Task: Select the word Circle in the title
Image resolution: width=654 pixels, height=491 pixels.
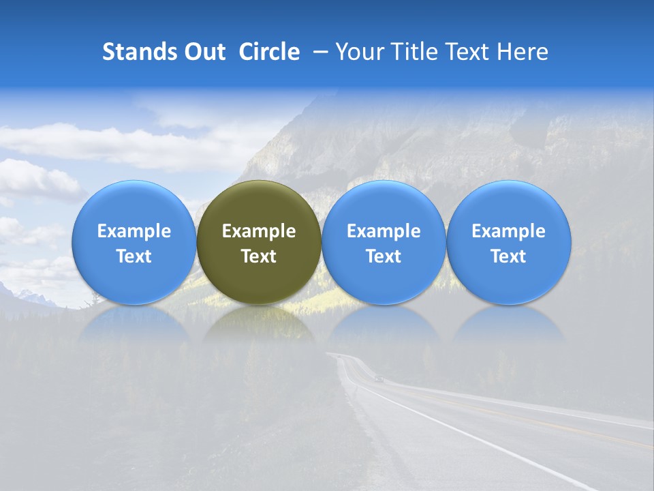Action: pyautogui.click(x=269, y=52)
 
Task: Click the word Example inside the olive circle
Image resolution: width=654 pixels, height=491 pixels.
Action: pyautogui.click(x=259, y=231)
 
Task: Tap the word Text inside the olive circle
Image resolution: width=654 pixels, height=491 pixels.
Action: pyautogui.click(x=259, y=256)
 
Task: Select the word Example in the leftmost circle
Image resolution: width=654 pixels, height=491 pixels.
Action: pyautogui.click(x=134, y=231)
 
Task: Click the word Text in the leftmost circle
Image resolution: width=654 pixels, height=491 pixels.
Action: pyautogui.click(x=134, y=256)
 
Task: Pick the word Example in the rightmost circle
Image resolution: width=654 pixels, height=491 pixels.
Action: pyautogui.click(x=508, y=231)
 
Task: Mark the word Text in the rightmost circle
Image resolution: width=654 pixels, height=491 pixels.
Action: pyautogui.click(x=508, y=256)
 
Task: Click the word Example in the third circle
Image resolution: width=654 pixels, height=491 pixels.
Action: pyautogui.click(x=384, y=231)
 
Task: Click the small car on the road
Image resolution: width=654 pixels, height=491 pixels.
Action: pyautogui.click(x=379, y=378)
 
